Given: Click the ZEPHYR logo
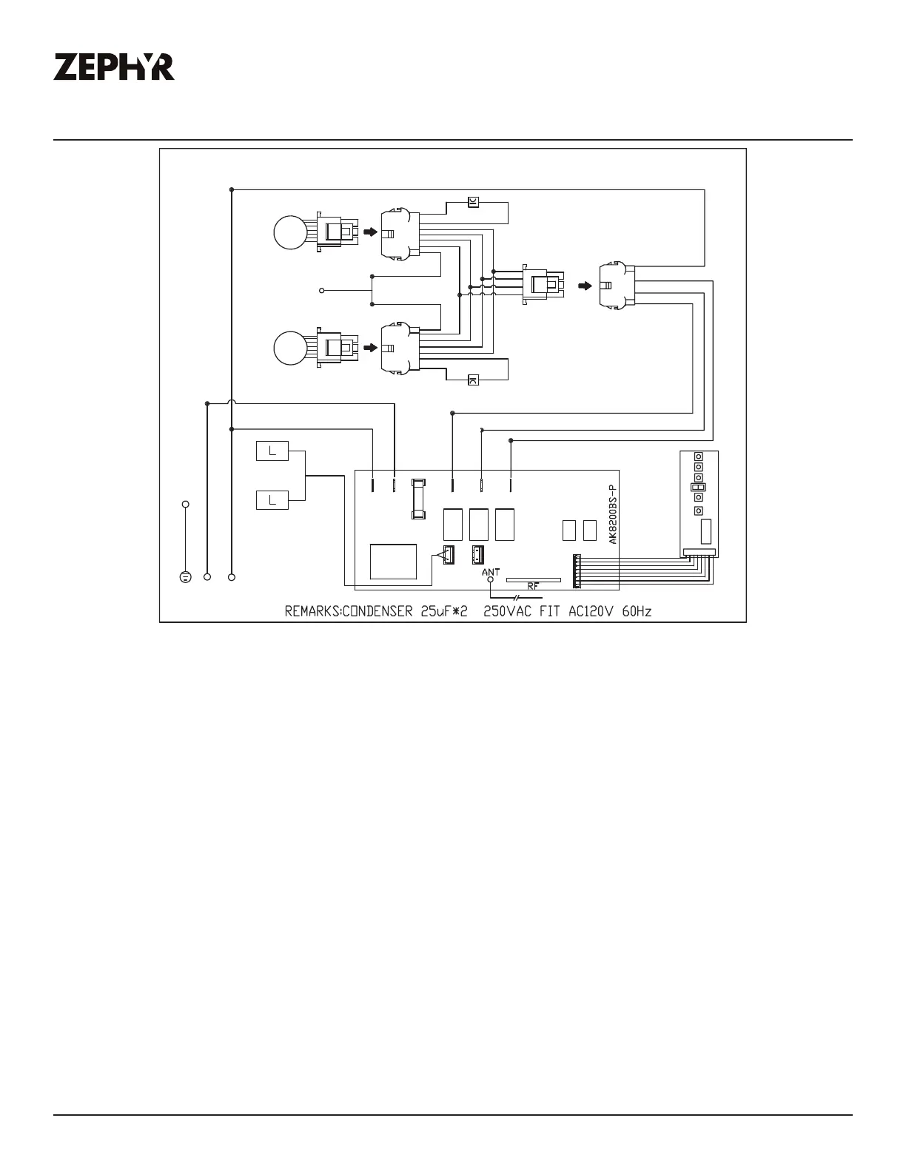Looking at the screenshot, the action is coord(114,67).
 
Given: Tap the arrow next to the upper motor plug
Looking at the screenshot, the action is coord(370,232).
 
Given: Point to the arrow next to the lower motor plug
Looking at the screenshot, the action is coord(370,348).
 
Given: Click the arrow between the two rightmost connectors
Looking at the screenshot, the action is coord(585,286).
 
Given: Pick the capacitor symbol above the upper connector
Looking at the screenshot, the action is coord(473,203).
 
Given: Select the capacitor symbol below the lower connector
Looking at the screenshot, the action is coord(473,380).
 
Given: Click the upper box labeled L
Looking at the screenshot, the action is coord(272,451).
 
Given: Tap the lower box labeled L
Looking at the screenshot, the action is coord(272,500).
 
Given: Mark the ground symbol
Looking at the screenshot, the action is coord(185,577).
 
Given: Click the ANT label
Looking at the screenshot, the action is coord(491,572).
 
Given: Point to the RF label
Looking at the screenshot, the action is coord(533,586).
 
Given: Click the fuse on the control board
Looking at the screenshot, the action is coord(418,499).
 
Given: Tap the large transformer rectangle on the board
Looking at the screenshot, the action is coord(393,562).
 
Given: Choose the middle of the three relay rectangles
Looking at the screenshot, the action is coord(479,525).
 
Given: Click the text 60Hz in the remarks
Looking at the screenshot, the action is coord(637,612).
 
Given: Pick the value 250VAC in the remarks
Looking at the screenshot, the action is coord(507,612).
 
